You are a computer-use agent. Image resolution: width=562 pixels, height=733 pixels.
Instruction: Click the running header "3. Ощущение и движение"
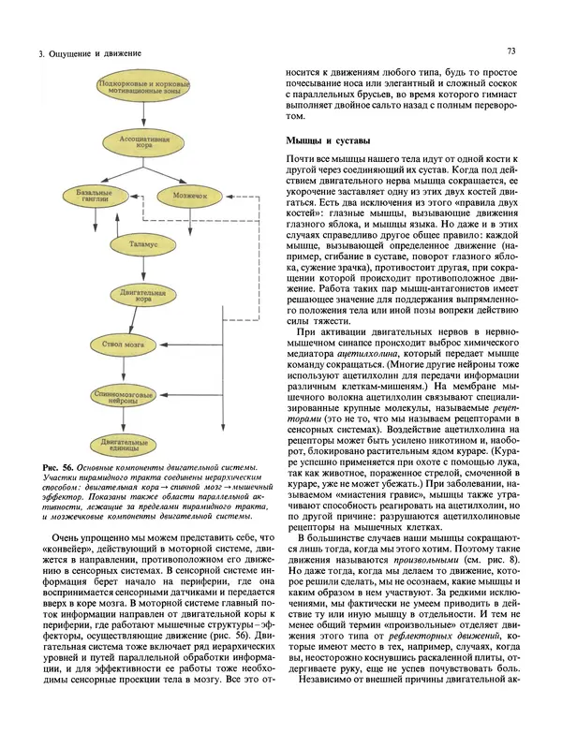coord(83,56)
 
